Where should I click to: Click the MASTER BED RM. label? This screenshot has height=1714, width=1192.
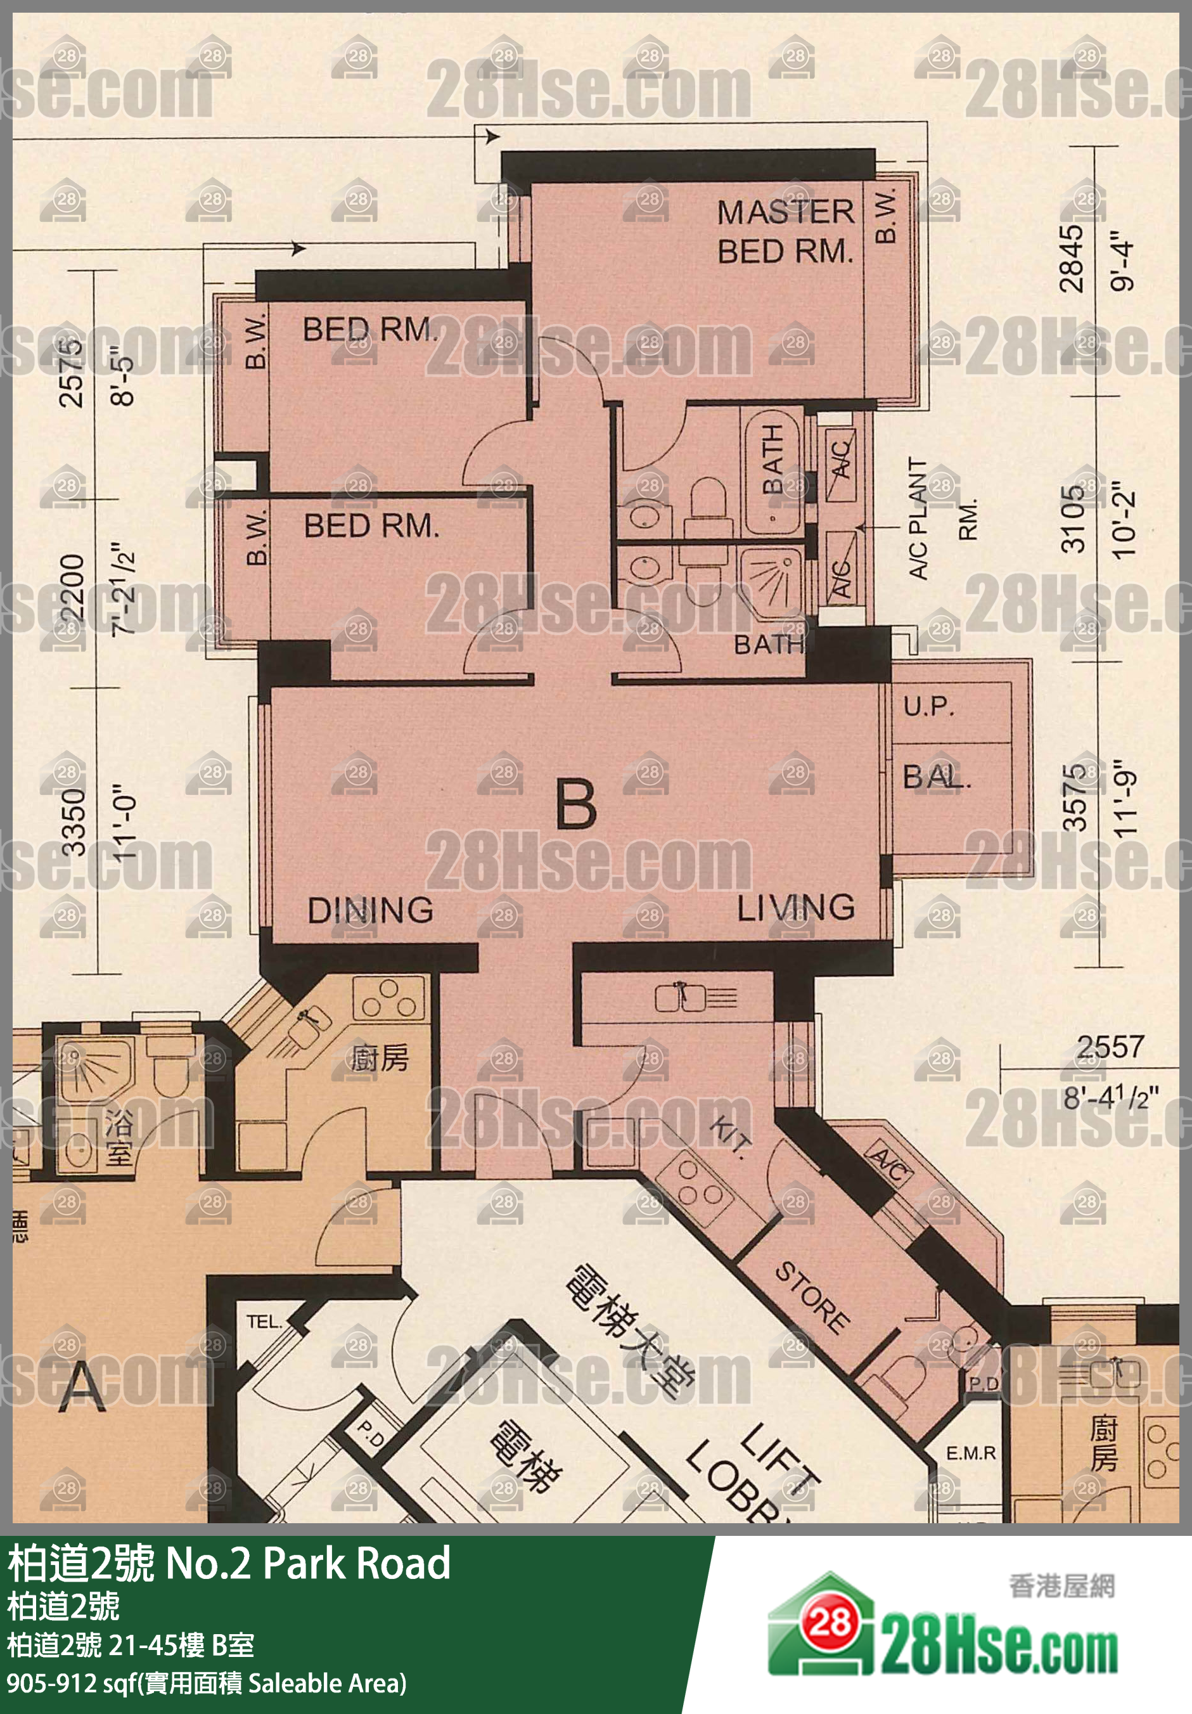click(x=785, y=231)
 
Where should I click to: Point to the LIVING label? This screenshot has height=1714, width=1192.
click(x=796, y=908)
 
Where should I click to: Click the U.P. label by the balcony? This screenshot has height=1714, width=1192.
click(x=928, y=706)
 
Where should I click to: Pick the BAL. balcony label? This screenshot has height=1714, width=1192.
click(x=936, y=778)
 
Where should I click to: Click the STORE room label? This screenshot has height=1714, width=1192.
click(x=812, y=1298)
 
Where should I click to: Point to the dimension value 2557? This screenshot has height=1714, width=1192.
click(x=1110, y=1047)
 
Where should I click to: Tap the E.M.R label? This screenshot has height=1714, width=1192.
click(x=970, y=1453)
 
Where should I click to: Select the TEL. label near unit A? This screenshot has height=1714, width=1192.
click(x=264, y=1322)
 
